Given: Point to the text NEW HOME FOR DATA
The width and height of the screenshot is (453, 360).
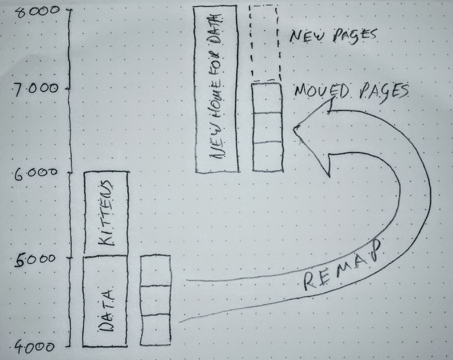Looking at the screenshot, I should pos(217,86).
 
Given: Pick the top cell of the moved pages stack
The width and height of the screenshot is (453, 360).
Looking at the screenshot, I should pos(267,98).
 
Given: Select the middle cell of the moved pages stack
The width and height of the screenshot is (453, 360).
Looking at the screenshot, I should pos(267,128).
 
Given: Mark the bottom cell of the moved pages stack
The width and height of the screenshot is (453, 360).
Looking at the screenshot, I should pos(267,157).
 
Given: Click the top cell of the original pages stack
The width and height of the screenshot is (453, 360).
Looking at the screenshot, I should pos(155,271).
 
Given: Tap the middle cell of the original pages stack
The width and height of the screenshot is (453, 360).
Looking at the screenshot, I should pos(155,300).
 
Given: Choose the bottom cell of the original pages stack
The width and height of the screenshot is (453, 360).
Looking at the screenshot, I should pos(155,329).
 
